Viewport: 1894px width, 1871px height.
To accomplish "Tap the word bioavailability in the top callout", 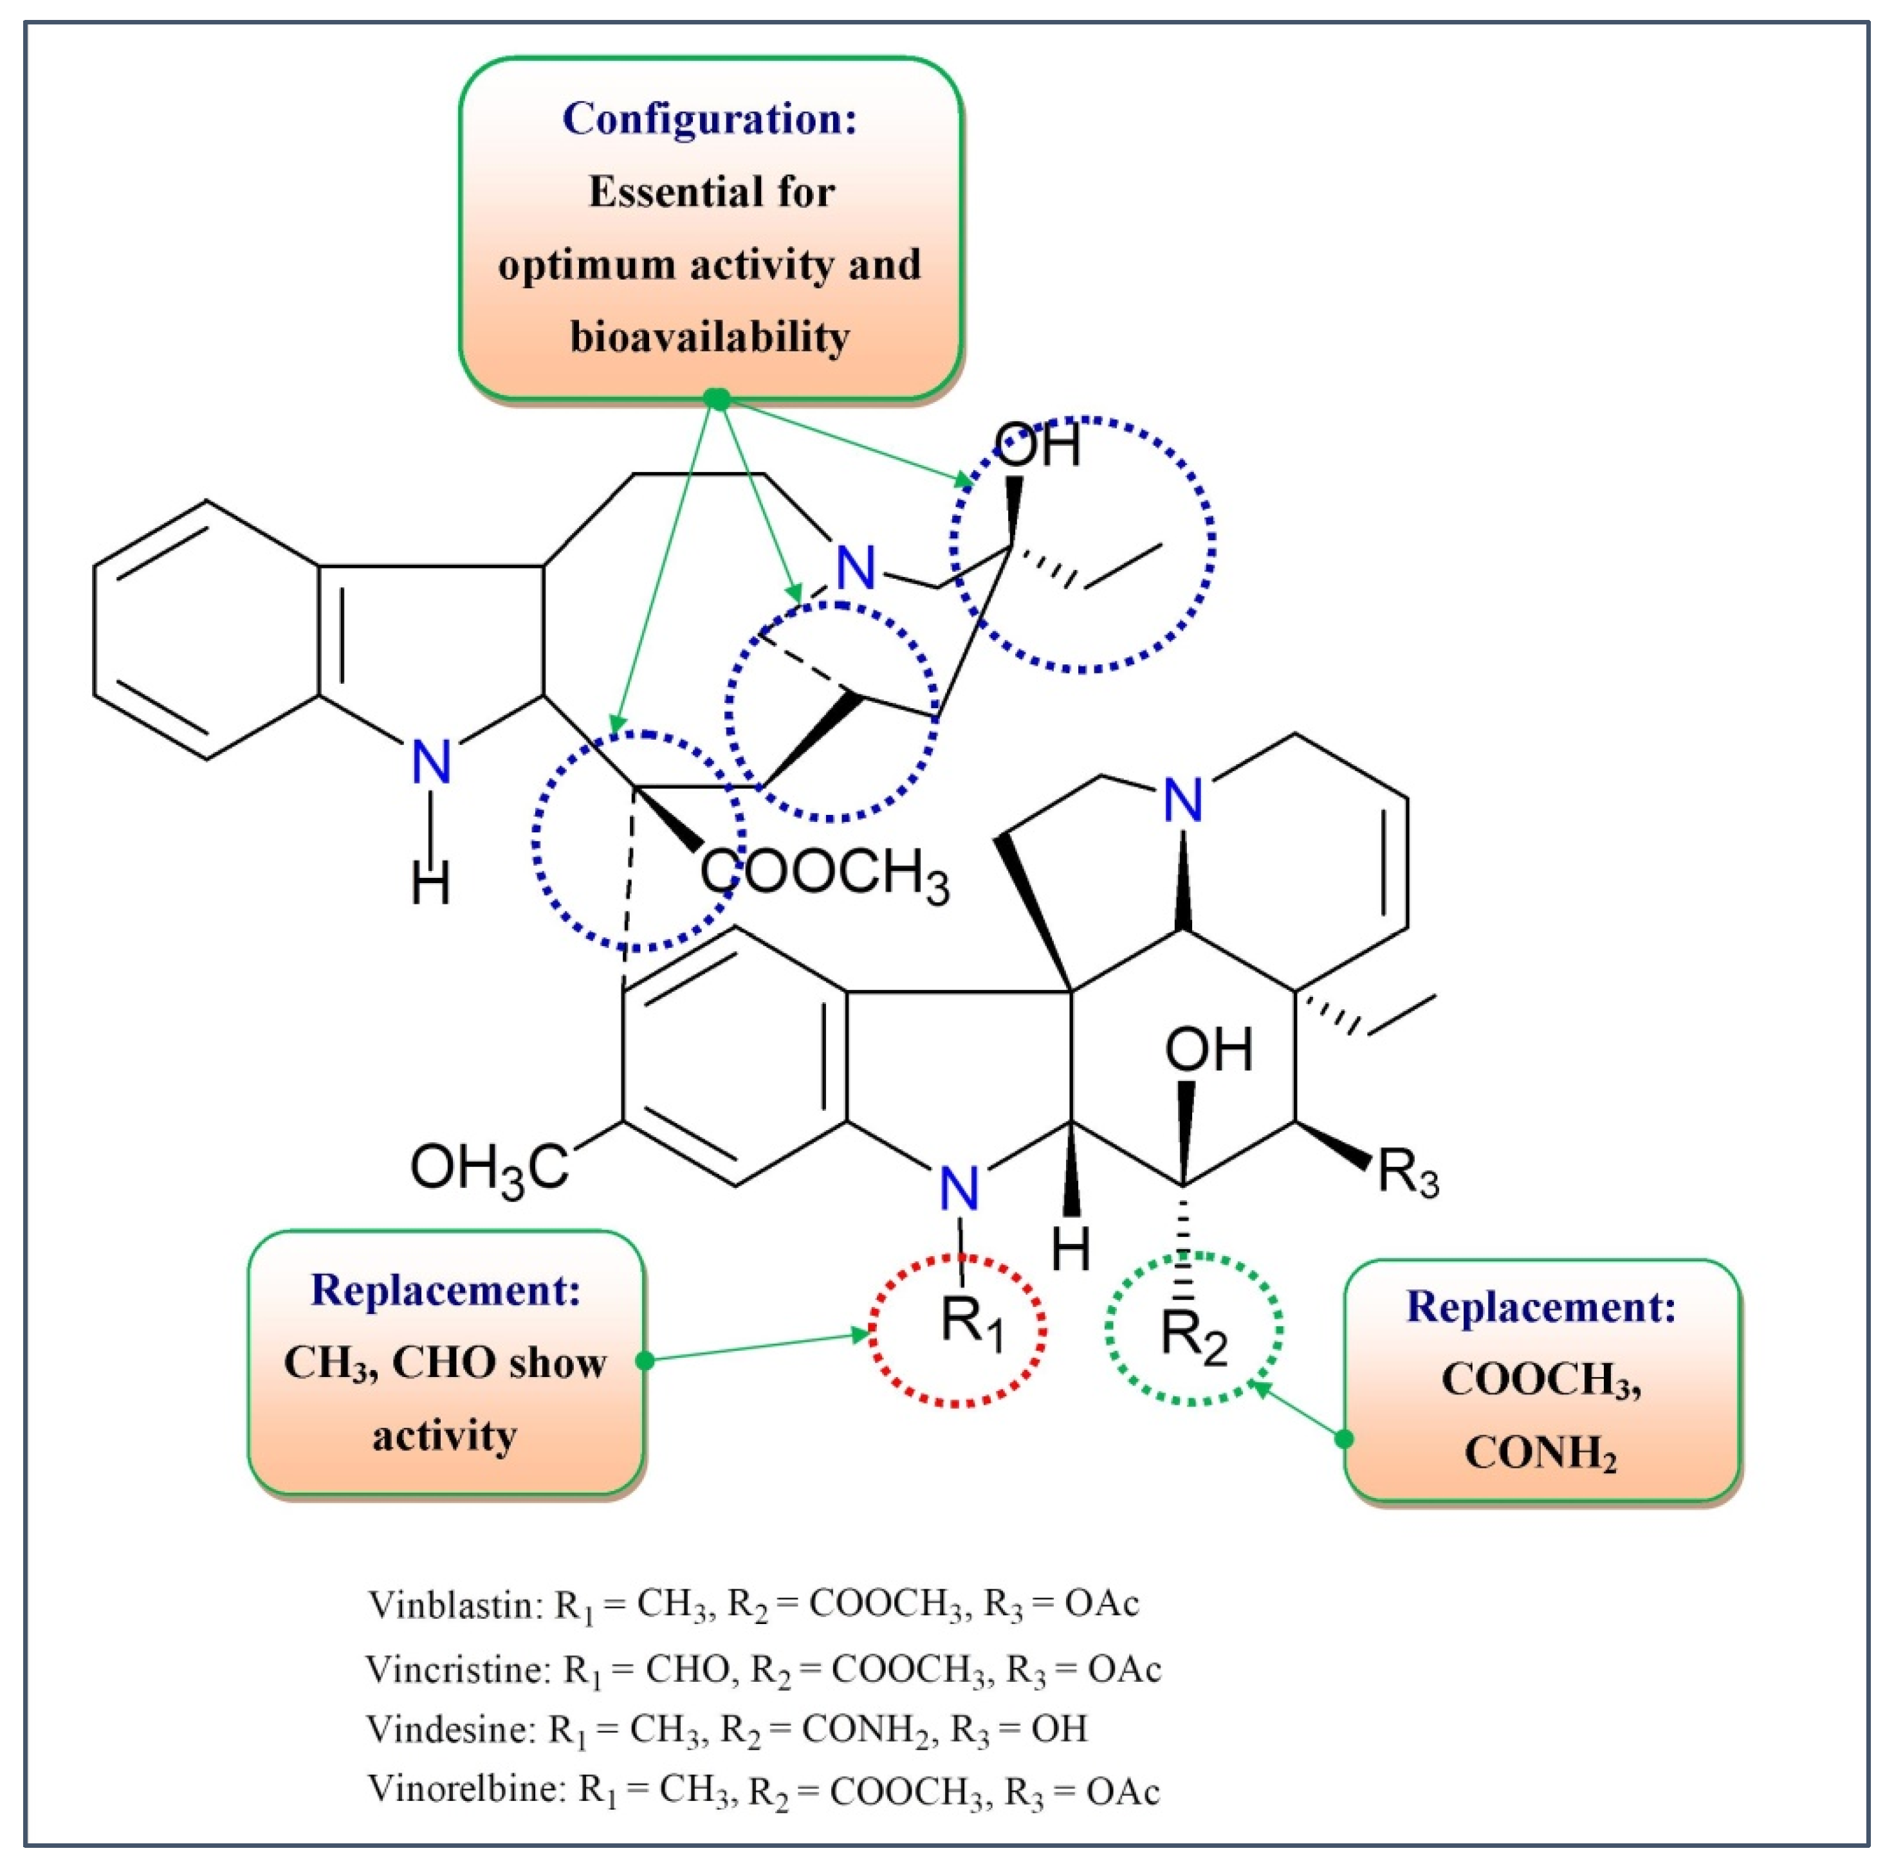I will [x=709, y=337].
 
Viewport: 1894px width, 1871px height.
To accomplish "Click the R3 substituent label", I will [x=1408, y=1173].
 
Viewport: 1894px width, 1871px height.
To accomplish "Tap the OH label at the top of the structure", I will [x=1037, y=445].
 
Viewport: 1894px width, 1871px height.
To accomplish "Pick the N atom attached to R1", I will [x=958, y=1189].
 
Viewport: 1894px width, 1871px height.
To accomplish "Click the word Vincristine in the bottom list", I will [x=459, y=1669].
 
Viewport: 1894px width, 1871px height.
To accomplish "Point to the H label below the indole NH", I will [x=430, y=883].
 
